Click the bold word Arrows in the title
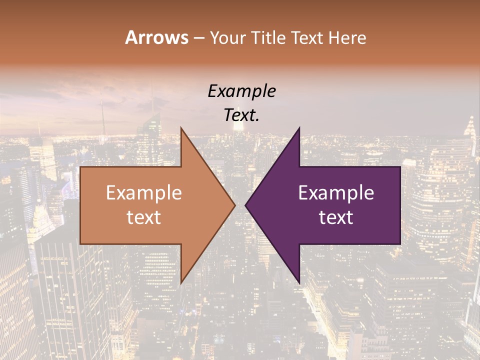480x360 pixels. click(156, 37)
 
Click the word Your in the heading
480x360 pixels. click(226, 37)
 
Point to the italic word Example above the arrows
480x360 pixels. click(241, 91)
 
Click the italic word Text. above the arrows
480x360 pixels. click(241, 115)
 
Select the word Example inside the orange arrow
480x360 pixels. click(144, 193)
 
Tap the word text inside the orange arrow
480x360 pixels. click(144, 217)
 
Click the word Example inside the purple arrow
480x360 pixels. click(336, 193)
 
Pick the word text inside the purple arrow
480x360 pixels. click(336, 217)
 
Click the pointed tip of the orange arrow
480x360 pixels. click(235, 205)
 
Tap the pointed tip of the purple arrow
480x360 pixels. click(245, 205)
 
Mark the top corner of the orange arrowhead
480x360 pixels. click(181, 128)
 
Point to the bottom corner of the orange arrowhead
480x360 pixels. click(181, 283)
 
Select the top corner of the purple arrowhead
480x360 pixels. click(299, 128)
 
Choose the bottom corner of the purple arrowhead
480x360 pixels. click(299, 283)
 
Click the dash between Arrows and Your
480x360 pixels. click(198, 38)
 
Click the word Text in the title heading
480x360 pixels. click(306, 37)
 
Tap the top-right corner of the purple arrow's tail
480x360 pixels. click(400, 167)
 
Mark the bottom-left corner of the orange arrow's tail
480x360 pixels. click(80, 243)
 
